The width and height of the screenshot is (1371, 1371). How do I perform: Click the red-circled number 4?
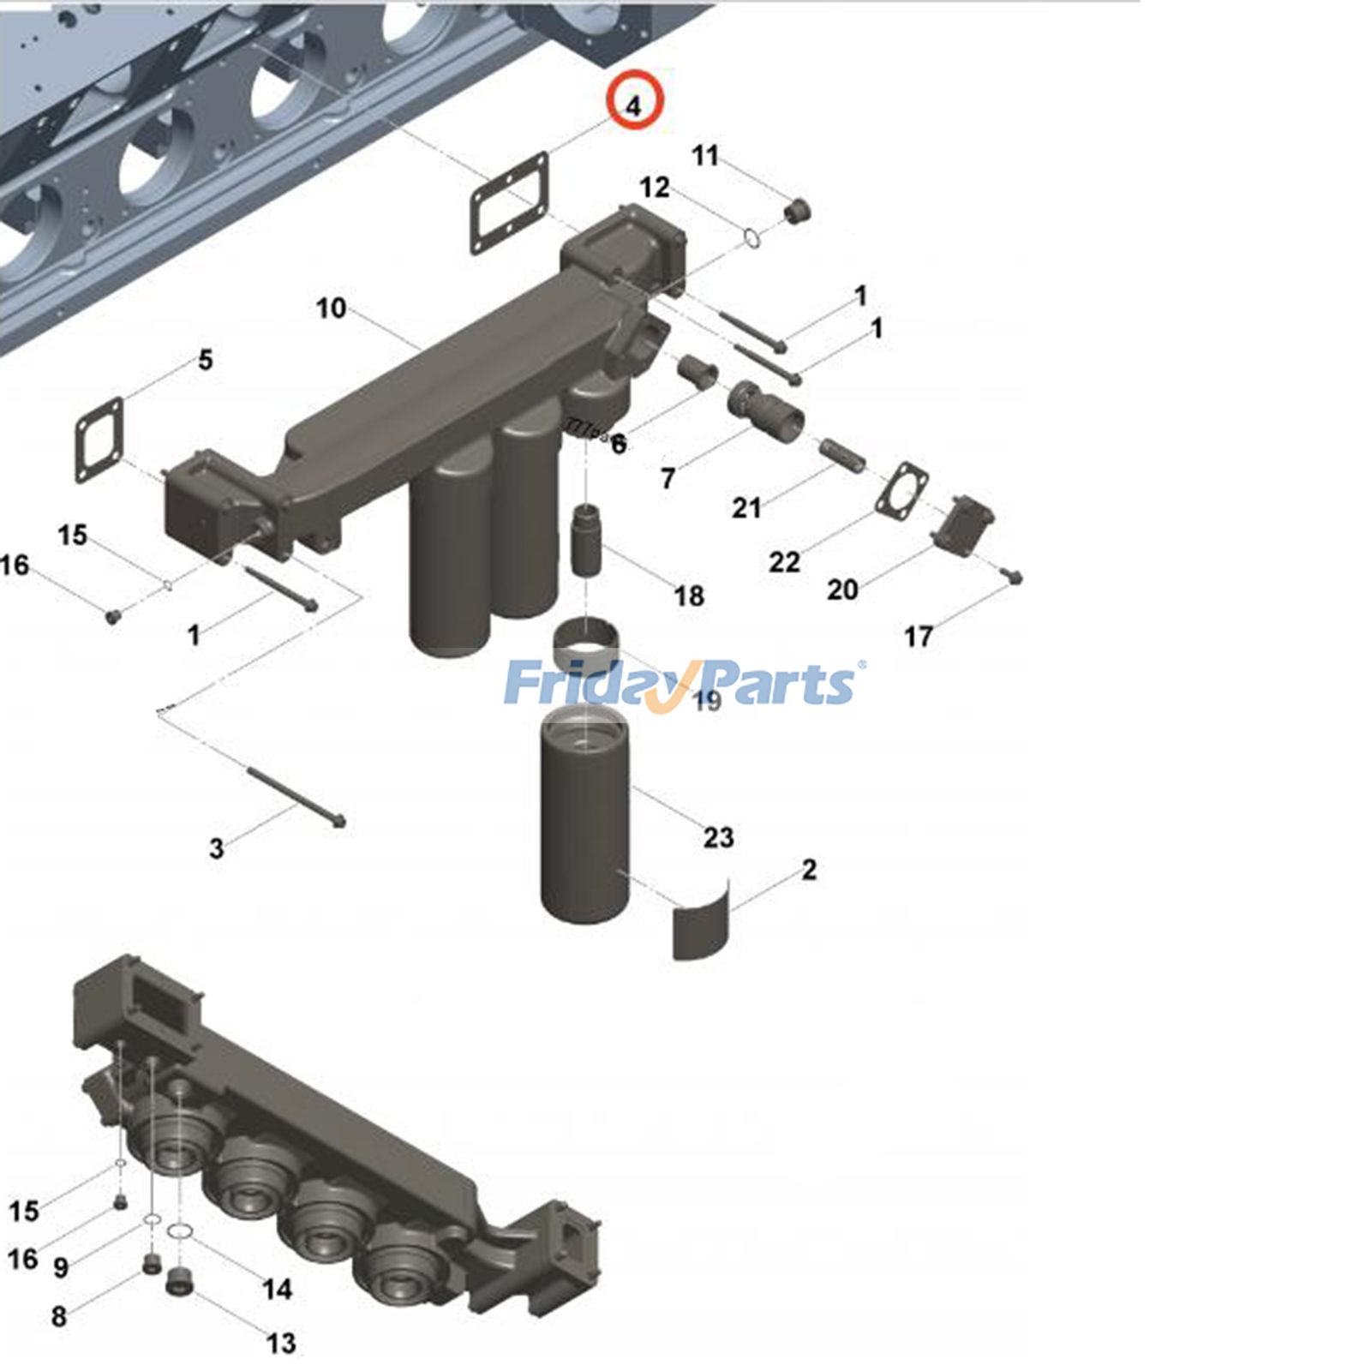[634, 105]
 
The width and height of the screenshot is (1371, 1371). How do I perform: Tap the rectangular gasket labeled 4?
[509, 203]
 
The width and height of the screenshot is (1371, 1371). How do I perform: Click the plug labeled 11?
[797, 209]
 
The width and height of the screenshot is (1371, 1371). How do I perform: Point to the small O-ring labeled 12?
[751, 237]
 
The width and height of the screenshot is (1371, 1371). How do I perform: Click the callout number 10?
[331, 308]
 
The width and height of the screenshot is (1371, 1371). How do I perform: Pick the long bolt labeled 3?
[296, 796]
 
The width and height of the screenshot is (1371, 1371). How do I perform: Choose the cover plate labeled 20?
[962, 524]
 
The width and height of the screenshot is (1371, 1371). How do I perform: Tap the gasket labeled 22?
[901, 490]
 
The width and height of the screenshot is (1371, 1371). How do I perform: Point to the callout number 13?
[281, 1342]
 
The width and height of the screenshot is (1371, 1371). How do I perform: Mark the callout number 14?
[277, 1288]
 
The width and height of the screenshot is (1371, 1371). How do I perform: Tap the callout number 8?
[58, 1315]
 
